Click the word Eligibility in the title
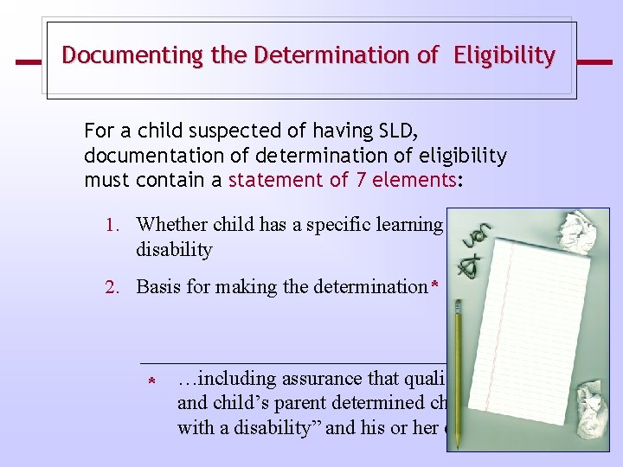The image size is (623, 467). click(x=506, y=56)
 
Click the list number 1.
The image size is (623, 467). click(x=112, y=225)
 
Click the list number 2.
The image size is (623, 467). click(x=112, y=286)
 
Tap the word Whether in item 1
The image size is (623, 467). click(x=170, y=225)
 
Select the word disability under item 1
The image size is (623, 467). click(x=174, y=249)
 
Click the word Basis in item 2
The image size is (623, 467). click(x=158, y=286)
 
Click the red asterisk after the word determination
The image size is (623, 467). click(x=435, y=285)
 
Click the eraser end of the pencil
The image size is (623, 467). click(x=458, y=307)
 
